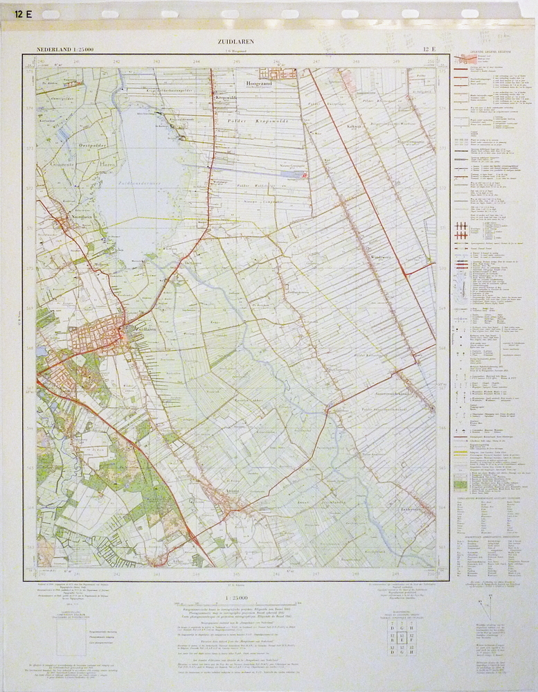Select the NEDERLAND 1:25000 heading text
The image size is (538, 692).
point(66,49)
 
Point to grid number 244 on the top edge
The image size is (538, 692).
point(197,62)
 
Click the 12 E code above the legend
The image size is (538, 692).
point(429,49)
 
